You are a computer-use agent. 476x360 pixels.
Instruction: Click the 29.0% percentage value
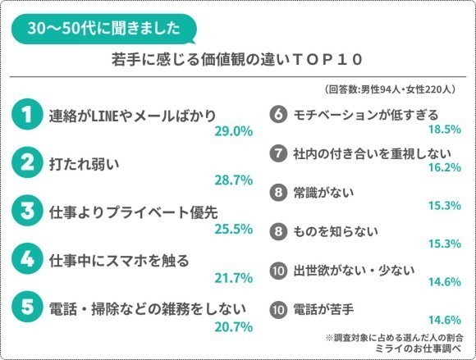(232, 131)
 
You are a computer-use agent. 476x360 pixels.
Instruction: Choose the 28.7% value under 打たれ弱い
(232, 179)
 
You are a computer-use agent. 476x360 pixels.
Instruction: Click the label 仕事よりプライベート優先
(131, 211)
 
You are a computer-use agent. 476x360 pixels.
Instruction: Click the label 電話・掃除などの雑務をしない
(139, 308)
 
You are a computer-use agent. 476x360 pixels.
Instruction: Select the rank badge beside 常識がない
(277, 192)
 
